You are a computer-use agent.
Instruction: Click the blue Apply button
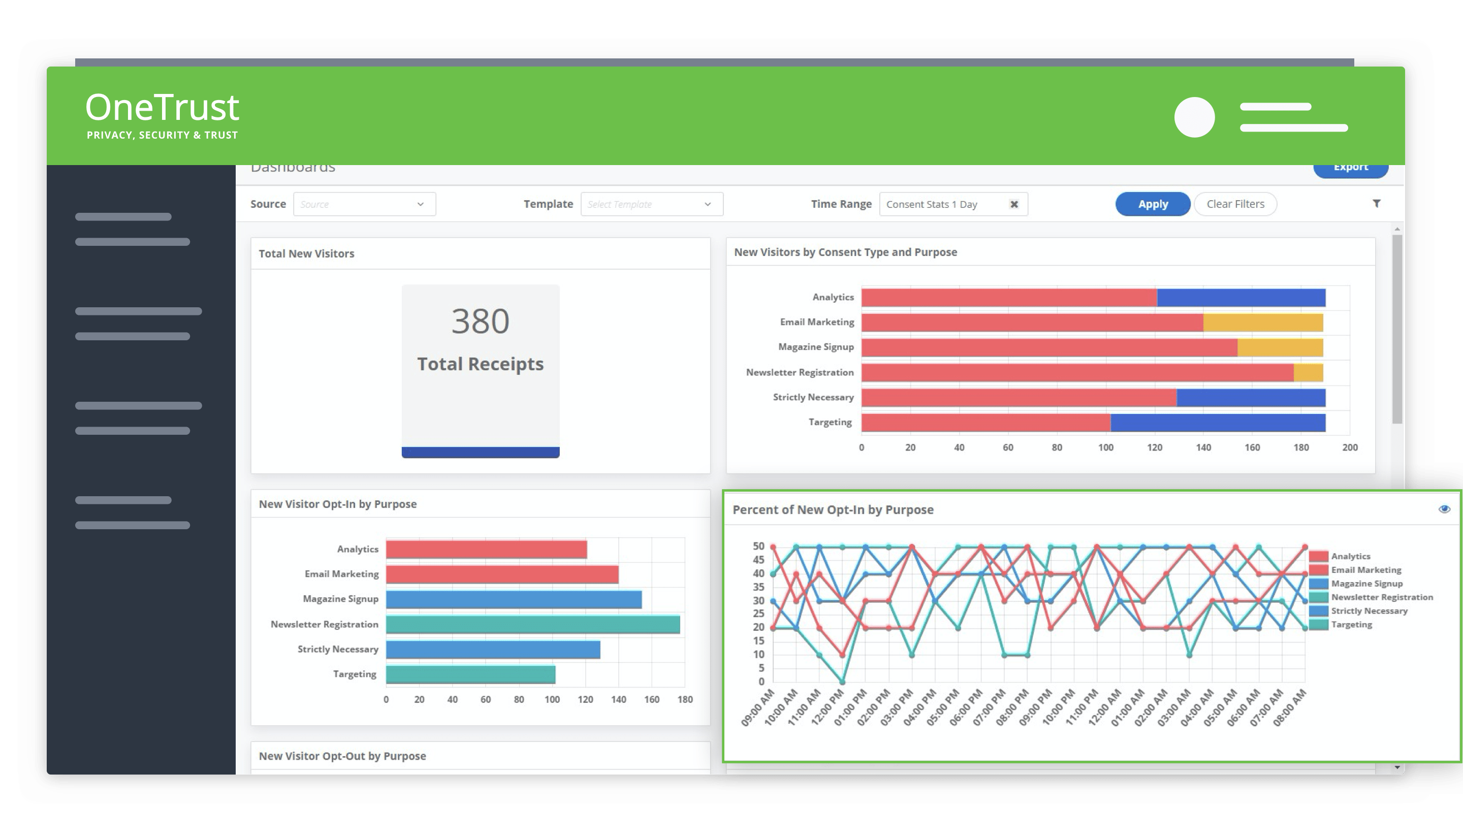[x=1153, y=204]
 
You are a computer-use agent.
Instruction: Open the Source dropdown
[x=364, y=204]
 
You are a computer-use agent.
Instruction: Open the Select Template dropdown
[x=651, y=204]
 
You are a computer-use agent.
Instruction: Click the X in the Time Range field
[x=1014, y=204]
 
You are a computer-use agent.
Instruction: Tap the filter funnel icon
[x=1376, y=203]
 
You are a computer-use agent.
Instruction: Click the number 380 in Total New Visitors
[x=480, y=321]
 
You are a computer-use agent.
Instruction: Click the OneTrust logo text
[x=163, y=108]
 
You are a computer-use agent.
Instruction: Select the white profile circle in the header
[x=1194, y=117]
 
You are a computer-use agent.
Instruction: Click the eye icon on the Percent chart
[x=1444, y=509]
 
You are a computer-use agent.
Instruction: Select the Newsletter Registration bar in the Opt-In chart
[x=532, y=624]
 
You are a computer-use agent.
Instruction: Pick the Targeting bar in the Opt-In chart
[x=470, y=674]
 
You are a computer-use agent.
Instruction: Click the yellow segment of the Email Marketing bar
[x=1263, y=323]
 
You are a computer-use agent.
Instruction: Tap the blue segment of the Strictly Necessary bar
[x=1250, y=398]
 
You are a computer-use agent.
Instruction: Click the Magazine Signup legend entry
[x=1366, y=584]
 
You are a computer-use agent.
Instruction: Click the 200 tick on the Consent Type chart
[x=1349, y=448]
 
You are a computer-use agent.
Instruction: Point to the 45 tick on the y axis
[x=758, y=560]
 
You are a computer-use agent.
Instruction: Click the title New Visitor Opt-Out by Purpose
[x=342, y=756]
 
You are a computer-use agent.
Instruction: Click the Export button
[x=1350, y=168]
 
